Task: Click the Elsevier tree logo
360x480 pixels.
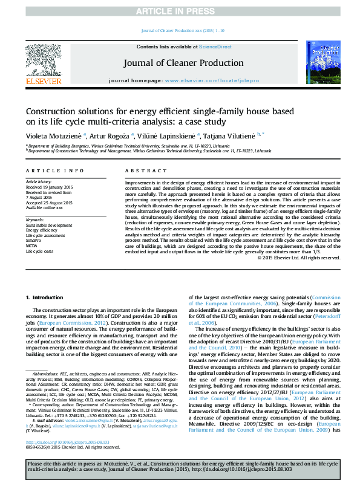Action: pyautogui.click(x=44, y=60)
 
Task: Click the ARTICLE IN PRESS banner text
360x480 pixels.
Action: pyautogui.click(x=180, y=11)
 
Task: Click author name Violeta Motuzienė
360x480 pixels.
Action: pyautogui.click(x=53, y=135)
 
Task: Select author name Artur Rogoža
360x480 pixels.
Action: pyautogui.click(x=107, y=135)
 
